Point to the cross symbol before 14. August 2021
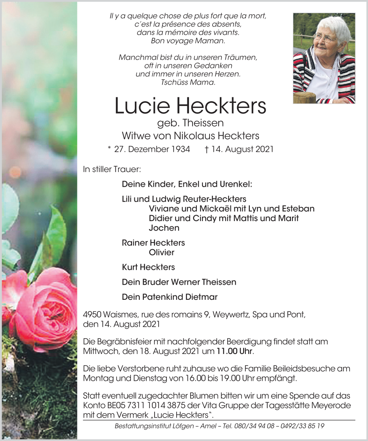207,149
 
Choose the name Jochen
164,228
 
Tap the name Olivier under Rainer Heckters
162,252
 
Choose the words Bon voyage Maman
188,41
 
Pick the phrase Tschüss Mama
188,83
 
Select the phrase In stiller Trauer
112,169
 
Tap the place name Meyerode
323,405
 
